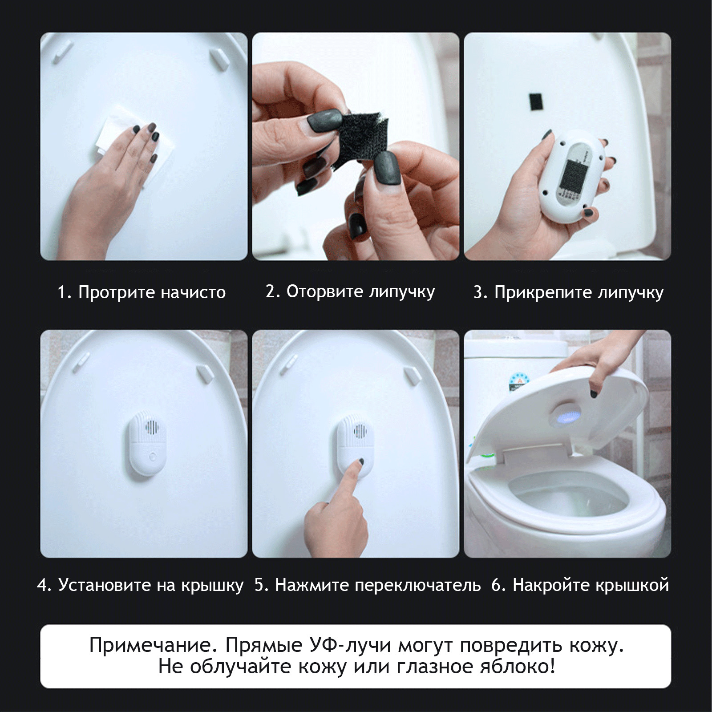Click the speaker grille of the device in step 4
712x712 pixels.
(152, 428)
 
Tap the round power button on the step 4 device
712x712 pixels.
(153, 456)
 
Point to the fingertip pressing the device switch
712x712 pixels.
(360, 463)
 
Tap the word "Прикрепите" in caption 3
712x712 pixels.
(544, 293)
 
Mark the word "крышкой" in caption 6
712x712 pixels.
(632, 585)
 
